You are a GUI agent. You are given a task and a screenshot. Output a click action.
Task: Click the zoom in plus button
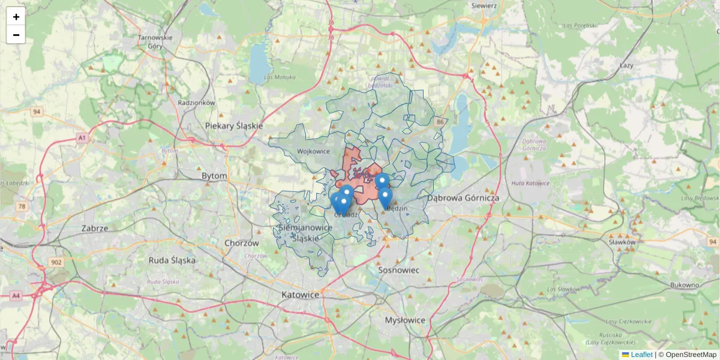(x=16, y=17)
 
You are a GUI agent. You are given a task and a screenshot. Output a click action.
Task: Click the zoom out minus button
(x=16, y=35)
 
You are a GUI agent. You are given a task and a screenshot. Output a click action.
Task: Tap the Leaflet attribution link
(x=641, y=355)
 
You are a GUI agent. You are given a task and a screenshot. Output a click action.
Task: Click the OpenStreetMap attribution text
(x=691, y=355)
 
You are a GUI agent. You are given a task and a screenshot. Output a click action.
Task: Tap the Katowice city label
(x=300, y=295)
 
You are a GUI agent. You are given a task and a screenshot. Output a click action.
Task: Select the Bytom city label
(x=214, y=176)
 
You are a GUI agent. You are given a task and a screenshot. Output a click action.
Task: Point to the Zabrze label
(x=95, y=228)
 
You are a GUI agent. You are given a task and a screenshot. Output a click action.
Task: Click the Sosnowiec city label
(x=399, y=270)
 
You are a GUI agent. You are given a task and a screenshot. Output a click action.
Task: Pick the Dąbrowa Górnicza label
(x=463, y=197)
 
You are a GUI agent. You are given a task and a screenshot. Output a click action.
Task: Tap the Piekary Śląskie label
(x=234, y=126)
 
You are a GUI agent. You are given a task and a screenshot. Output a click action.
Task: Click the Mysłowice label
(x=405, y=320)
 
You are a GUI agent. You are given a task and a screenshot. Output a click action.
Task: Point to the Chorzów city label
(x=241, y=243)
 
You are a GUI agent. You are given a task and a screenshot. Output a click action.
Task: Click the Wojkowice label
(x=313, y=151)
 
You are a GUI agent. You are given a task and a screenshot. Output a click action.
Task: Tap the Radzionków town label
(x=196, y=103)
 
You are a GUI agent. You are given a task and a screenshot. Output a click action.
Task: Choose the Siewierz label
(x=484, y=5)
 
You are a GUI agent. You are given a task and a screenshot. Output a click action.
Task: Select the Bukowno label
(x=685, y=285)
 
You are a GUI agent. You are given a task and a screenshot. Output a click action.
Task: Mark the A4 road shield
(x=16, y=296)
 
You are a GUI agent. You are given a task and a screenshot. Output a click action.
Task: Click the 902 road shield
(x=57, y=262)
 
